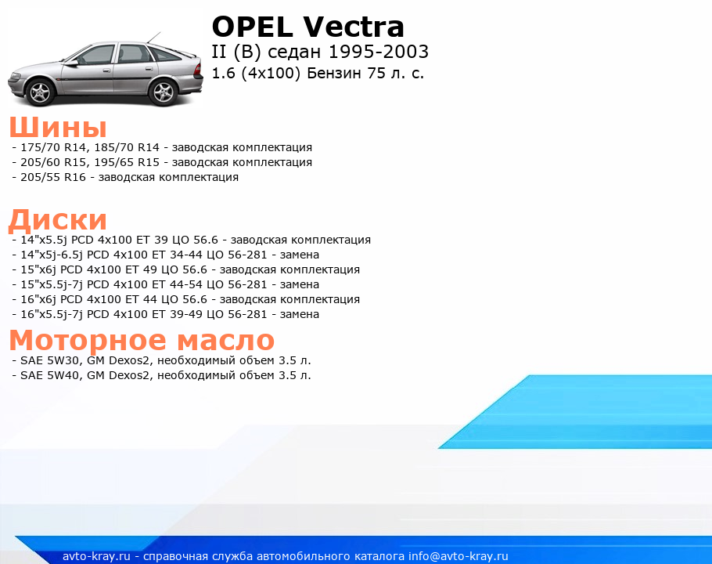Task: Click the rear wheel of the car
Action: tap(164, 92)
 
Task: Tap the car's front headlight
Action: tap(16, 76)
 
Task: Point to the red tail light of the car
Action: tap(198, 69)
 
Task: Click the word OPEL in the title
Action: tap(253, 27)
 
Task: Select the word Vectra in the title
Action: tap(353, 27)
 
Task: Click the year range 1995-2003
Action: tap(378, 52)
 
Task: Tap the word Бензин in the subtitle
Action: tap(335, 73)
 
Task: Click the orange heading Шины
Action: tap(58, 127)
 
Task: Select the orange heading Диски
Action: tap(58, 220)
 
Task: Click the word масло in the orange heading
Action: tap(225, 341)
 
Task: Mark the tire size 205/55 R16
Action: tap(53, 177)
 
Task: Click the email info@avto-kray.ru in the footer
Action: tap(458, 556)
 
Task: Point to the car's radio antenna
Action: tap(153, 38)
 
